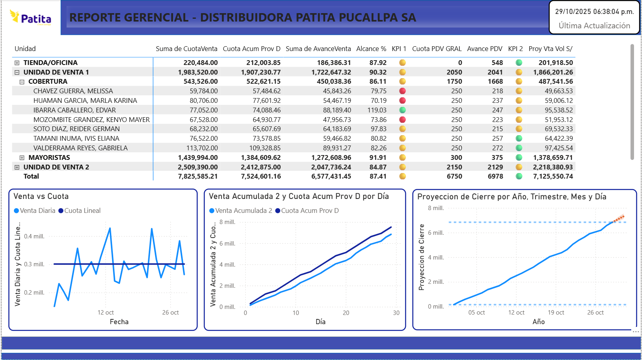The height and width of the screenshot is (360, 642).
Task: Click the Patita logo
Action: tap(31, 18)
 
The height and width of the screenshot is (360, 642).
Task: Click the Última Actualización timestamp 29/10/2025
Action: tap(594, 12)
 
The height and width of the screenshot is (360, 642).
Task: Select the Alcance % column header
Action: tap(371, 49)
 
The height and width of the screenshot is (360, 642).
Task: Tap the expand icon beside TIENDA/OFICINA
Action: tap(17, 63)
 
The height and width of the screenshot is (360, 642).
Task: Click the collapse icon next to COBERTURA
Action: tap(22, 82)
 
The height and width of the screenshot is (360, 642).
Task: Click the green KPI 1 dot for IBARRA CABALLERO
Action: tap(402, 110)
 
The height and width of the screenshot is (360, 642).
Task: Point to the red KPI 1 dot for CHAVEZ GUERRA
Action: tap(402, 91)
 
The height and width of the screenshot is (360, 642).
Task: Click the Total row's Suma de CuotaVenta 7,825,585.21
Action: tap(198, 176)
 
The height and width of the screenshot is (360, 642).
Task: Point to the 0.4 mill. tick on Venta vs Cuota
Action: tap(34, 236)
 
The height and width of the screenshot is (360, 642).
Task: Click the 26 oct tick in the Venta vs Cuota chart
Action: tap(170, 313)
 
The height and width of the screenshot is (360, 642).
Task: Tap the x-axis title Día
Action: tap(320, 322)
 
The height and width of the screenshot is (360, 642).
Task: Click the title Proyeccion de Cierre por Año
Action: tap(512, 197)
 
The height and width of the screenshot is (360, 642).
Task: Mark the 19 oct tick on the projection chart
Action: tap(556, 313)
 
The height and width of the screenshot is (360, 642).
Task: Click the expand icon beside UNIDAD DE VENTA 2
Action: tap(17, 167)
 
